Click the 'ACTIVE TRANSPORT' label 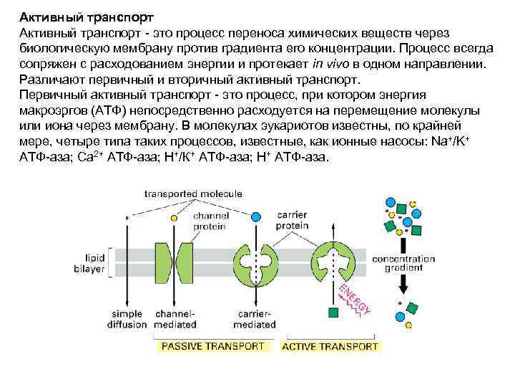click(x=330, y=347)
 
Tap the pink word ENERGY click(x=355, y=299)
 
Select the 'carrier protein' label click(x=293, y=219)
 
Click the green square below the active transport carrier click(x=333, y=312)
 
